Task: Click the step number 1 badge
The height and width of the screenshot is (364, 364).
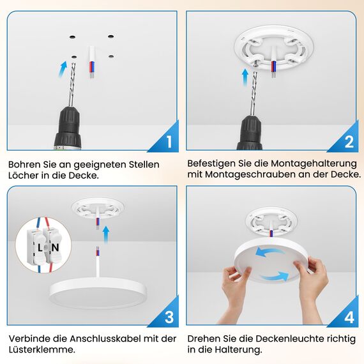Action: pos(169,142)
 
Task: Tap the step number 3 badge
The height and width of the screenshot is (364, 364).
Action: pos(169,317)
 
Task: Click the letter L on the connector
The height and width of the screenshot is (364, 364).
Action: pos(40,246)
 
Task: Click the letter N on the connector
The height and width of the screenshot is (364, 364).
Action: pos(55,246)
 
